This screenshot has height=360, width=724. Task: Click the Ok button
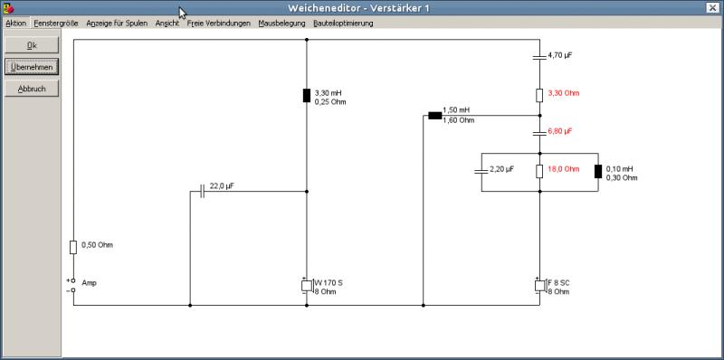click(32, 45)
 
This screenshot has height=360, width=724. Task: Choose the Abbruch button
click(32, 89)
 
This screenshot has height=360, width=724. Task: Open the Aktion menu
click(15, 24)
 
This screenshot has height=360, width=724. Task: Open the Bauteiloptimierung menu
click(343, 24)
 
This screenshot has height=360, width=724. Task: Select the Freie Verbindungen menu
click(218, 24)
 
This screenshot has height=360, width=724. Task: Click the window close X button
click(711, 8)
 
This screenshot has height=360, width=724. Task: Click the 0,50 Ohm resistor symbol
click(73, 247)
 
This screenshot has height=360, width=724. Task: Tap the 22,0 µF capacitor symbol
click(202, 191)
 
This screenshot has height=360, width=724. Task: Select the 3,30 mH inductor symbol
click(307, 96)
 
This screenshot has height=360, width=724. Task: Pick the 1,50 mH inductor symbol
click(435, 116)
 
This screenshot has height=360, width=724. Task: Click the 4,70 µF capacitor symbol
click(539, 57)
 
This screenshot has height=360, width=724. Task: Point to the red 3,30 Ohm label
click(563, 93)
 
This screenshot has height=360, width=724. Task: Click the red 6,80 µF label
click(559, 131)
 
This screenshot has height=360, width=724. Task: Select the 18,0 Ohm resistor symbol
click(539, 171)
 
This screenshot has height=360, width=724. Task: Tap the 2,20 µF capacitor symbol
click(481, 172)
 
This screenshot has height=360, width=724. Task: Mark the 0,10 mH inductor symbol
click(598, 171)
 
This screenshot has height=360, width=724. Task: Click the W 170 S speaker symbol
click(307, 286)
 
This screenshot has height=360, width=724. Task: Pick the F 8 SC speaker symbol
click(540, 286)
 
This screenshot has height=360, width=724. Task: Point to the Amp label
click(89, 283)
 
